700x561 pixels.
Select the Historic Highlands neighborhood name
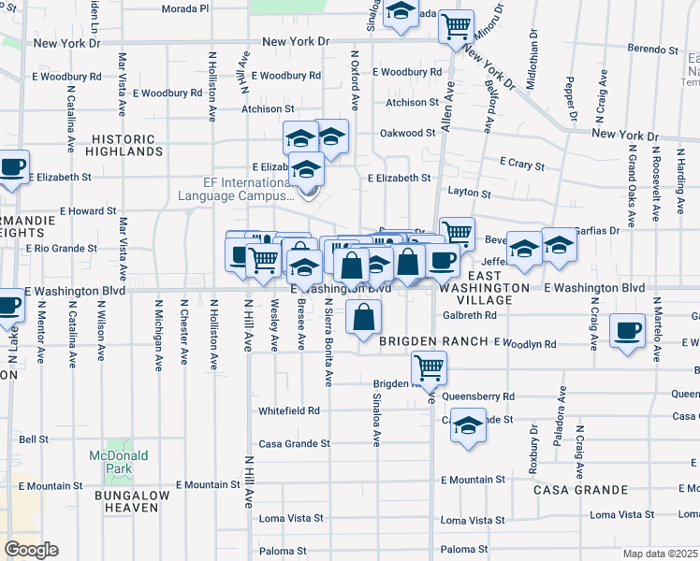tap(127, 144)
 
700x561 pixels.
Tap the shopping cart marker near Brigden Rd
tap(429, 367)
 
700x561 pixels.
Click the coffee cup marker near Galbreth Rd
tap(627, 329)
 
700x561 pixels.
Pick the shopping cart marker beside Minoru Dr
tap(456, 26)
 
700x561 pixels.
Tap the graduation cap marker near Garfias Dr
tap(559, 245)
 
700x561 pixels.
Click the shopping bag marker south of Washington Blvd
tap(363, 317)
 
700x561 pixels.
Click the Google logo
tap(31, 550)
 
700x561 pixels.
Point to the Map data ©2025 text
tap(660, 554)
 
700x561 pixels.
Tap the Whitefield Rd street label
tap(289, 410)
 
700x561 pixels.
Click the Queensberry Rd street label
tap(483, 396)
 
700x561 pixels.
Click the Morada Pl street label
tap(184, 8)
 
